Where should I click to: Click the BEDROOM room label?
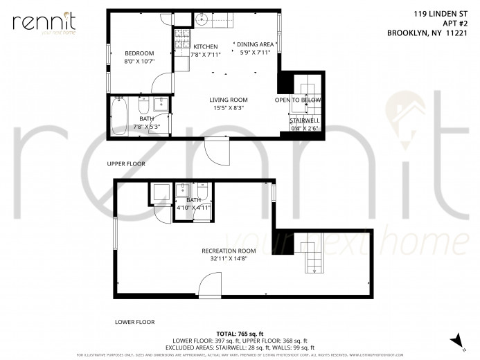139,53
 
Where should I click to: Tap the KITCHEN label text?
206,46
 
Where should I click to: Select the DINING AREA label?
257,44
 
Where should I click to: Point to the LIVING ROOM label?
229,100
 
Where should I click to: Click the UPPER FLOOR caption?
125,164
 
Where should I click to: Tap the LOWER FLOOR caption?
134,322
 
